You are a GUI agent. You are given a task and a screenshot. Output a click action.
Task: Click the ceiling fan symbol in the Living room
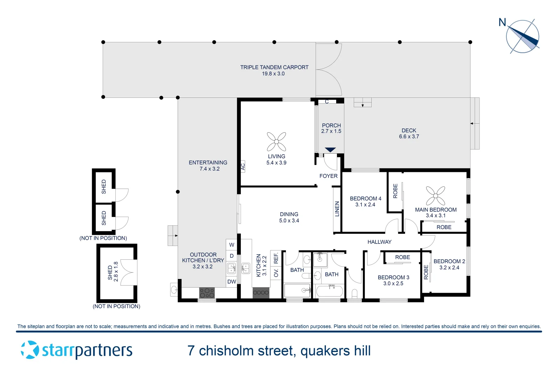pyautogui.click(x=276, y=142)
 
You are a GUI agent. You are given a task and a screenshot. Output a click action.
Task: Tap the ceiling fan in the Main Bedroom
pyautogui.click(x=435, y=196)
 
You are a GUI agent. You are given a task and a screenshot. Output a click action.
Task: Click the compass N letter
pyautogui.click(x=502, y=23)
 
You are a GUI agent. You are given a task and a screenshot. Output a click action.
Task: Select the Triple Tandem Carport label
pyautogui.click(x=274, y=68)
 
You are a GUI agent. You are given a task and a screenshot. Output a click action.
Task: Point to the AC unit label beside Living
pyautogui.click(x=243, y=167)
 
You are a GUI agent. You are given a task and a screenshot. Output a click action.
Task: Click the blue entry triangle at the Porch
pyautogui.click(x=330, y=150)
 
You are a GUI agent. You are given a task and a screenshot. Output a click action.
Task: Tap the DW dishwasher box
pyautogui.click(x=232, y=282)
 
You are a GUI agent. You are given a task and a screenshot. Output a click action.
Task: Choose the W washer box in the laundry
pyautogui.click(x=232, y=245)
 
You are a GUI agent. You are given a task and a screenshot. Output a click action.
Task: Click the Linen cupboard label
pyautogui.click(x=337, y=209)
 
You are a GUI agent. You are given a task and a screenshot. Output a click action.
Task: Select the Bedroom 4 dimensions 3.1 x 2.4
pyautogui.click(x=365, y=205)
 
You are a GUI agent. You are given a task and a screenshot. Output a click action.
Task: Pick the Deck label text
pyautogui.click(x=409, y=131)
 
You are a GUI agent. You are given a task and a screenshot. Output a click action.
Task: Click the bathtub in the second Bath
pyautogui.click(x=330, y=291)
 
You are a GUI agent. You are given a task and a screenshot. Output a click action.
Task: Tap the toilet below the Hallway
pyautogui.click(x=355, y=294)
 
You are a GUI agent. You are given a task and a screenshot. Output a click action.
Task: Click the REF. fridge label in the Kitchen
pyautogui.click(x=276, y=258)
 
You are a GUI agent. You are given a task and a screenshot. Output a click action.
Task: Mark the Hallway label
pyautogui.click(x=379, y=242)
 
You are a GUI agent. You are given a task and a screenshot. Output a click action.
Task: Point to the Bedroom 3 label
pyautogui.click(x=393, y=278)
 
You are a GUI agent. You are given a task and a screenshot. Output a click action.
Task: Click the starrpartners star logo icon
pyautogui.click(x=30, y=350)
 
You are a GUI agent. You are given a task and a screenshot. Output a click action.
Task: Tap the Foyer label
pyautogui.click(x=328, y=176)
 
